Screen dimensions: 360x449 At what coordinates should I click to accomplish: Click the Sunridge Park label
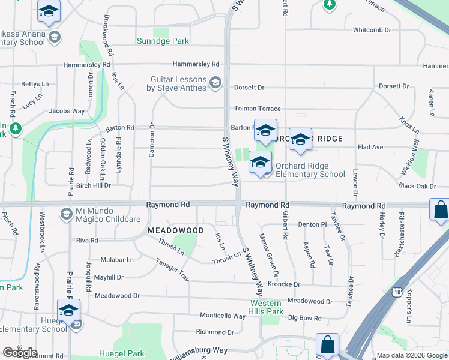click(163, 41)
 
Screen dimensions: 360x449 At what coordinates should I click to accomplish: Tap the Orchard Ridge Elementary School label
click(310, 170)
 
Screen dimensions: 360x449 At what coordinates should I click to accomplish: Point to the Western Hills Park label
click(267, 307)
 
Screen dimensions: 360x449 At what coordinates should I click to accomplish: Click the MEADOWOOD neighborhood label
click(176, 230)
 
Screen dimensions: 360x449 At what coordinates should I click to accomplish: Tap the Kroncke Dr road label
click(283, 284)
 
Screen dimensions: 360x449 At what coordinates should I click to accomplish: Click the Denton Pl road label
click(312, 224)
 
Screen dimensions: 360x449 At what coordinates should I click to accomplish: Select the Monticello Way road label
click(223, 316)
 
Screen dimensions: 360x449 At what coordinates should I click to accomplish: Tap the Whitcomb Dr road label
click(372, 29)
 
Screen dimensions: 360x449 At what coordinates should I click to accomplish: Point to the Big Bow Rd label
click(305, 318)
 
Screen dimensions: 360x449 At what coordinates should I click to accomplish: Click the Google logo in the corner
click(19, 353)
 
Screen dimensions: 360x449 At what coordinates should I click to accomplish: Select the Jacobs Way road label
click(67, 111)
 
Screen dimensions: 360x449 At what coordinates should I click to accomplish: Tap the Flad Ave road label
click(370, 147)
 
